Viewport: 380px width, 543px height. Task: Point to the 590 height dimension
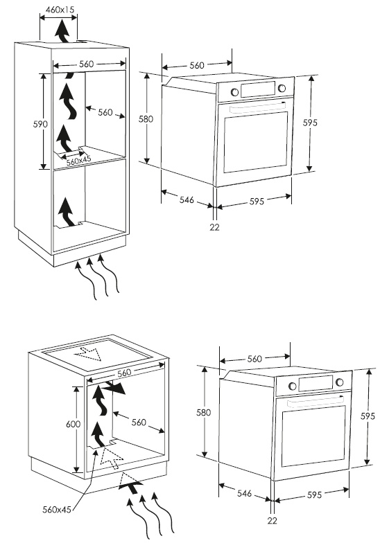[40, 124]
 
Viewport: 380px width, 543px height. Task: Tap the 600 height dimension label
[74, 424]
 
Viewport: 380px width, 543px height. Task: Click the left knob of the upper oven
[234, 92]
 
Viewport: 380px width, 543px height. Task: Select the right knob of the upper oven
[282, 89]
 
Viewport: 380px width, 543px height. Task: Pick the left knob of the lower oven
[293, 386]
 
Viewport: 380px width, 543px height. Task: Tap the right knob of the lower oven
[340, 382]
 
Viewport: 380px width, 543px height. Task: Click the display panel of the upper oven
[258, 89]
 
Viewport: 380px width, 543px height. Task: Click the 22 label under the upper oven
[215, 227]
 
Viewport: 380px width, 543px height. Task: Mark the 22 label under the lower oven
[273, 521]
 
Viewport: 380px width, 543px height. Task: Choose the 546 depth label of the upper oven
[187, 199]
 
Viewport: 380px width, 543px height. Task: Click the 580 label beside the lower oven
[204, 413]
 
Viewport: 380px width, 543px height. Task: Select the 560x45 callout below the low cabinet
[57, 510]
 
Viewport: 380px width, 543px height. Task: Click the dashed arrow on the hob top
[87, 353]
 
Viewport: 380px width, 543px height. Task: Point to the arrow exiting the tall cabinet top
[62, 31]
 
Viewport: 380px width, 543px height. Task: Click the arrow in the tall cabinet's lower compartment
[67, 212]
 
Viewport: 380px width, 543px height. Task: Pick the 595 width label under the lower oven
[315, 495]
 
